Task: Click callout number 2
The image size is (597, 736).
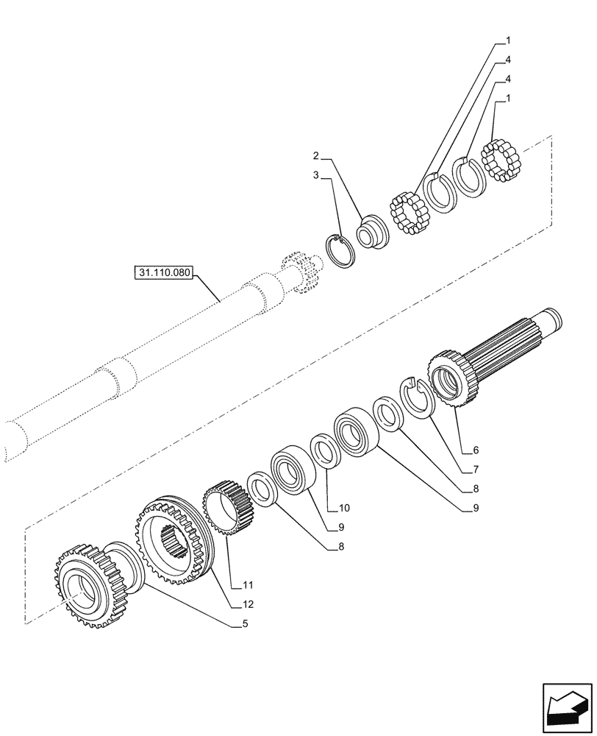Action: (315, 157)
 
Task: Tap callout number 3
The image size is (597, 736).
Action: (315, 176)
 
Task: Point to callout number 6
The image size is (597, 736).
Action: (476, 449)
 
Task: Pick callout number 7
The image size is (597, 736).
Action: (476, 469)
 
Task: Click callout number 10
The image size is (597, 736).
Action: (346, 508)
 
